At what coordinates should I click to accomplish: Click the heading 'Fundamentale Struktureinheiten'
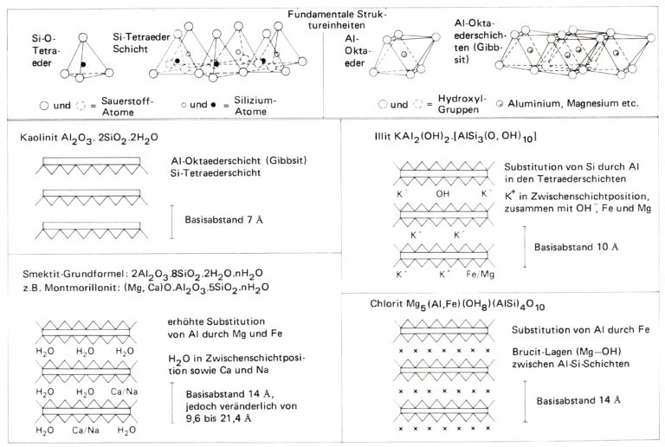click(x=337, y=20)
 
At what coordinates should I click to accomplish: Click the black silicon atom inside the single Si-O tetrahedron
click(x=83, y=64)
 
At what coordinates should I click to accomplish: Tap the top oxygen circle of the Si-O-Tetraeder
click(x=83, y=38)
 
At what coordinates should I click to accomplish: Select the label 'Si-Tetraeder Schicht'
click(x=141, y=42)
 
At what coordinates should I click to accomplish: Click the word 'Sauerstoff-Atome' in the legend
click(x=126, y=107)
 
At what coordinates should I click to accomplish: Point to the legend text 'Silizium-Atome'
click(x=255, y=106)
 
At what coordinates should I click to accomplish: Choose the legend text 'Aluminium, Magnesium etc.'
click(x=573, y=103)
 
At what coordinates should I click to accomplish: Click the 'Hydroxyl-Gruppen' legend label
click(x=462, y=104)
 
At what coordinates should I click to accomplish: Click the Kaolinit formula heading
click(x=89, y=139)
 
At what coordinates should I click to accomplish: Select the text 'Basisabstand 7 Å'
click(x=223, y=220)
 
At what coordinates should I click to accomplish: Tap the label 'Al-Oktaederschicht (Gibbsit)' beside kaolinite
click(x=239, y=161)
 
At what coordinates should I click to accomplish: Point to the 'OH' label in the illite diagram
click(x=442, y=194)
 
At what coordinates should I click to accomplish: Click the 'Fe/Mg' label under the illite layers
click(x=480, y=274)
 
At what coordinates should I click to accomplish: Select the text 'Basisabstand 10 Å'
click(x=576, y=247)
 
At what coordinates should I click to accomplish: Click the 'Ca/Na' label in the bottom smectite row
click(x=86, y=430)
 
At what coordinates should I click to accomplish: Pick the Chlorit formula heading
click(x=457, y=305)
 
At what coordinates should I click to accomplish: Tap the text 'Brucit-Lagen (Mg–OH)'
click(x=566, y=352)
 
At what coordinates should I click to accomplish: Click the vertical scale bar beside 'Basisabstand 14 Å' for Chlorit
click(x=525, y=402)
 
